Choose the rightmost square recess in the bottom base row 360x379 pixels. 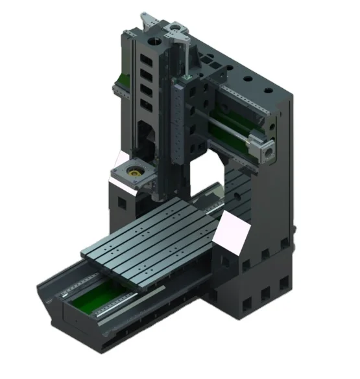[x=284, y=284]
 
